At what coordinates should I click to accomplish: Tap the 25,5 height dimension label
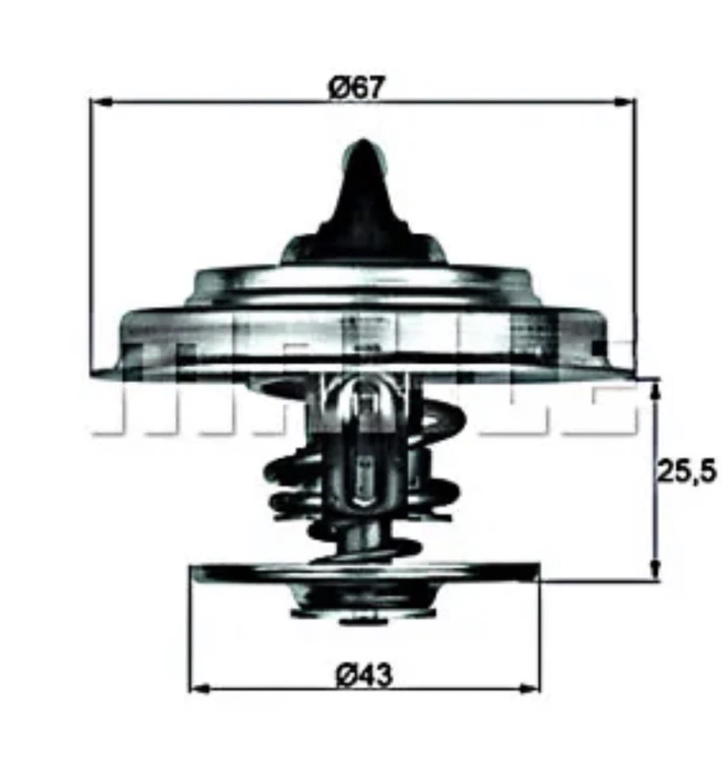pos(686,472)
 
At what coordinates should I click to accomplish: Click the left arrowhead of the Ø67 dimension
pos(100,101)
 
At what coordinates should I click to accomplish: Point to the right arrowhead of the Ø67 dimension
pos(626,101)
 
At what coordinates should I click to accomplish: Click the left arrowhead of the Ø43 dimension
pos(199,687)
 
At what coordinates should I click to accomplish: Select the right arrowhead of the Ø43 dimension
pos(530,687)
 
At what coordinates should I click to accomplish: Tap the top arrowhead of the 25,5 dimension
pos(655,388)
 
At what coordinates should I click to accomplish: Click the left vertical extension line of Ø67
pos(91,238)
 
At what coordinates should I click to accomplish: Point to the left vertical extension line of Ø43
pos(189,634)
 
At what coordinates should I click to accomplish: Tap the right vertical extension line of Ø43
pos(539,634)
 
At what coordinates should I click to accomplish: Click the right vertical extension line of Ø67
pos(636,238)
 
